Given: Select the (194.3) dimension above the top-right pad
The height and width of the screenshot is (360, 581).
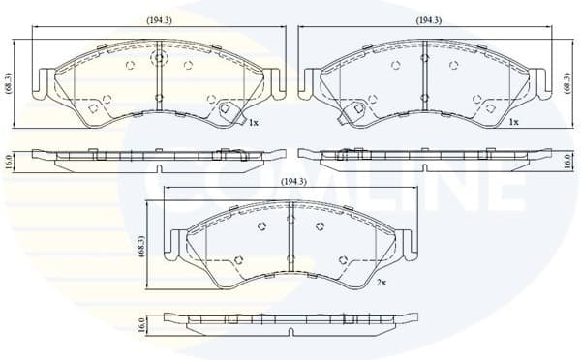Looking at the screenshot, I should coord(428,20).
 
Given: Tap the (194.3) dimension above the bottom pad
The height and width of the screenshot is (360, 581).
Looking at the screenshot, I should coord(292,182).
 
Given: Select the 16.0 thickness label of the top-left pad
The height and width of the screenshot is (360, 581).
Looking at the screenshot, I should coord(9,159).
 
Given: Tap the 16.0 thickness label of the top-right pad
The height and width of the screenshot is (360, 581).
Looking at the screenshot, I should coord(566,160).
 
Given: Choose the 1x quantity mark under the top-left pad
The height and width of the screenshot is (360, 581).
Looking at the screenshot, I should coord(253,124).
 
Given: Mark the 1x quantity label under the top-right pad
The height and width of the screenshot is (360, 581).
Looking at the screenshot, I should coord(514,123).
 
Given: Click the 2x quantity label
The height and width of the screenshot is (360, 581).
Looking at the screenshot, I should coord(382,282).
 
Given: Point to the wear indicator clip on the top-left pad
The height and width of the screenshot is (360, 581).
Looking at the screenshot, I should coord(229,111).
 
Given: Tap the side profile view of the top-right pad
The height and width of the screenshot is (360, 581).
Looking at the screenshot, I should coord(426,157).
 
